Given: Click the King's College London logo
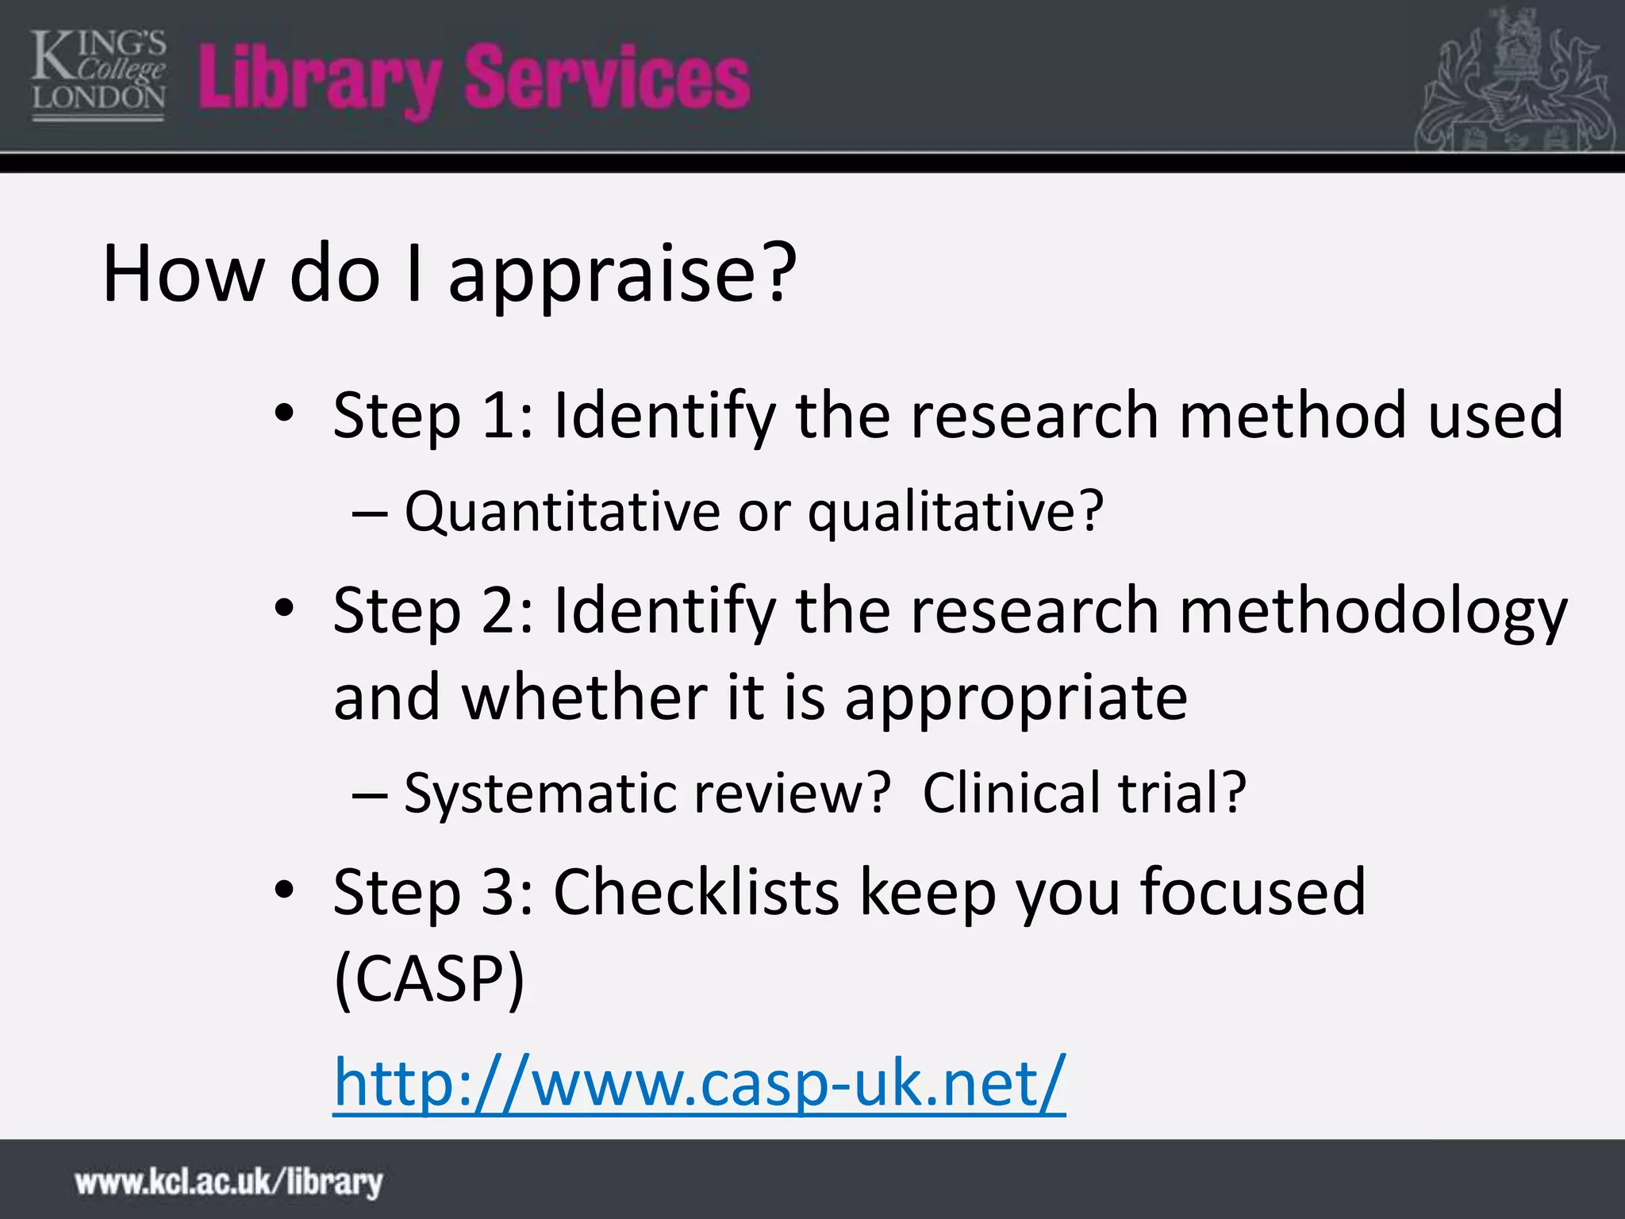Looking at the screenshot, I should [98, 76].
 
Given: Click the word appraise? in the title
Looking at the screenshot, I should [622, 274].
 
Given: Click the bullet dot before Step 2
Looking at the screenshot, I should [284, 609].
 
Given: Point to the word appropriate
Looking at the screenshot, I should [1016, 698].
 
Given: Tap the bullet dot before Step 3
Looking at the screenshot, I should [284, 890].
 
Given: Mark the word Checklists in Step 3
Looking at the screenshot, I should [696, 892].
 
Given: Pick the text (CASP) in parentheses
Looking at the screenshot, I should [429, 979].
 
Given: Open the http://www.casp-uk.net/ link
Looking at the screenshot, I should [699, 1082].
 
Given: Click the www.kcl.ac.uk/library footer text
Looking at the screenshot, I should [229, 1182].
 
